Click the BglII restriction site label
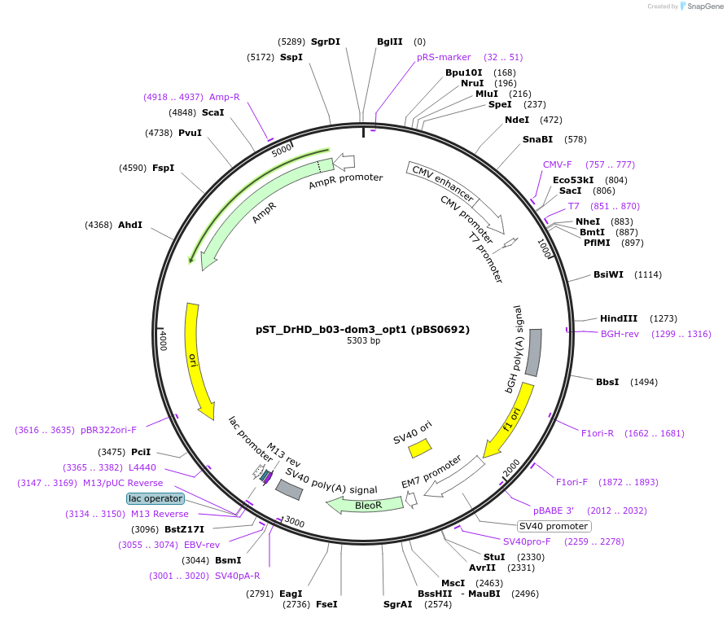coord(389,42)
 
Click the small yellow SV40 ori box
coord(420,448)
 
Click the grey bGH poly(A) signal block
coord(534,353)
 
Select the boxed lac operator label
coord(155,498)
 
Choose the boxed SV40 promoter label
coord(554,525)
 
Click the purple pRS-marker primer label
coord(444,57)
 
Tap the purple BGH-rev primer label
coord(620,334)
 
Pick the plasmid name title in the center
coord(362,330)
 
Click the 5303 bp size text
coord(363,341)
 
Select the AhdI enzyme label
coord(130,224)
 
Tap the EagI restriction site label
coord(291,594)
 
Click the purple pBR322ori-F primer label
coord(107,430)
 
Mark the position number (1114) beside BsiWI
coord(648,274)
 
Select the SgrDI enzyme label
coord(326,42)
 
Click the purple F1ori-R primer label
coord(597,433)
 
